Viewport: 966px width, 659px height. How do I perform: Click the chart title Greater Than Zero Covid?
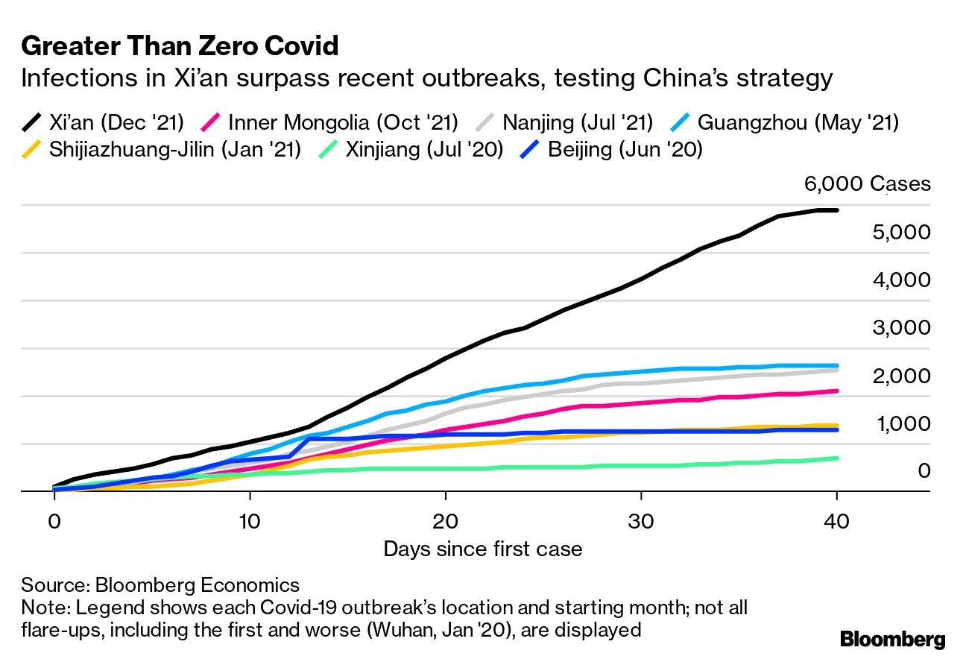[x=180, y=47]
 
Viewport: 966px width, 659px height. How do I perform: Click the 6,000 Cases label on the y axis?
[x=867, y=183]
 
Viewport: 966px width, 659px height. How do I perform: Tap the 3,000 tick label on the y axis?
[x=900, y=327]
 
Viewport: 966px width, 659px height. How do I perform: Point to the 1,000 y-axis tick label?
[x=900, y=423]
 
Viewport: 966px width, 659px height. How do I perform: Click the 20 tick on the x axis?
[x=445, y=522]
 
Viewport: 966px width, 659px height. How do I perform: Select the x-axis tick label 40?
[x=837, y=522]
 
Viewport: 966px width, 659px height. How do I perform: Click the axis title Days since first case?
[x=482, y=549]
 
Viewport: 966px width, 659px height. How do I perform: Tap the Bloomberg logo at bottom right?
[x=892, y=639]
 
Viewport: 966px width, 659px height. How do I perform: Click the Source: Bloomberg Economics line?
[x=160, y=584]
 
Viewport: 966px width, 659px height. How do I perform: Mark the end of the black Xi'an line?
[x=837, y=210]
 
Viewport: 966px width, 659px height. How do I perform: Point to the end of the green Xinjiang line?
[x=837, y=458]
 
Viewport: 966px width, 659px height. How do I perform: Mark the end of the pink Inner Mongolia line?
[x=837, y=391]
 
